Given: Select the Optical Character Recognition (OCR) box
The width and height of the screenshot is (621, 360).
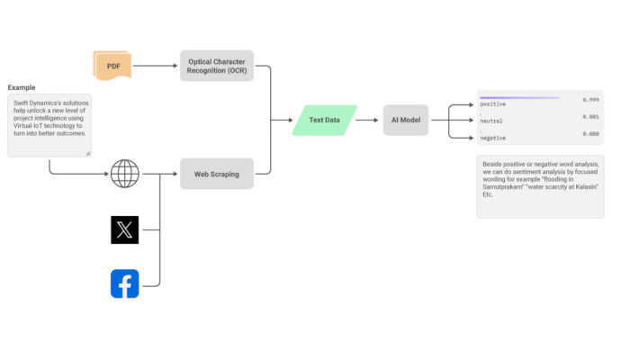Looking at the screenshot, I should tap(216, 66).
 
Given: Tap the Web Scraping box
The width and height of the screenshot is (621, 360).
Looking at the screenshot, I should tap(216, 174).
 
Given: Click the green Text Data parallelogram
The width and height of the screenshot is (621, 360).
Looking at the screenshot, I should tap(324, 120).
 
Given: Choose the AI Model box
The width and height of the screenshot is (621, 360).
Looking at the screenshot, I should tap(406, 120).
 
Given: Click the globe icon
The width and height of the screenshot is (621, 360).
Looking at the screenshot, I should tap(124, 174).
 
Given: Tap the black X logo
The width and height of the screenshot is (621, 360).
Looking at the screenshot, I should tap(124, 229).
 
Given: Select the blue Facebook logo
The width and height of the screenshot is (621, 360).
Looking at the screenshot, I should tap(124, 283).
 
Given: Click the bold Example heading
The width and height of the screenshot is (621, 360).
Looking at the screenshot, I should tap(22, 87).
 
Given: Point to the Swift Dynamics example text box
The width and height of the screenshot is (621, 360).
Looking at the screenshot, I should tap(49, 125).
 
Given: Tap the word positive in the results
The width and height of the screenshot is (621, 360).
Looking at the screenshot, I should tap(493, 104).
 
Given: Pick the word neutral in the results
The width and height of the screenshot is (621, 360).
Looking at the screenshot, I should tap(491, 121).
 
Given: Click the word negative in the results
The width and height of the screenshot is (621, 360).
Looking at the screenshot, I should tap(493, 138).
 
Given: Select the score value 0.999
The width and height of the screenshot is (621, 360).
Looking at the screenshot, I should tap(590, 100).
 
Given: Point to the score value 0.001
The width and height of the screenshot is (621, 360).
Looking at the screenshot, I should tap(590, 116).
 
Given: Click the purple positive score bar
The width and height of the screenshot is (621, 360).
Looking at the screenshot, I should tap(519, 97).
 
